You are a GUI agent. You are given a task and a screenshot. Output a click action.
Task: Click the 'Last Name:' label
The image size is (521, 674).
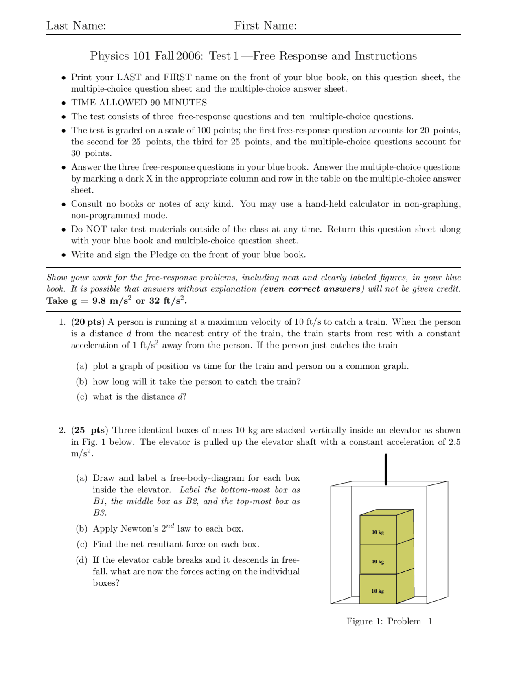click(x=76, y=26)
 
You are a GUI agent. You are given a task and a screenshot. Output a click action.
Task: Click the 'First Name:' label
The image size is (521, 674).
click(x=265, y=26)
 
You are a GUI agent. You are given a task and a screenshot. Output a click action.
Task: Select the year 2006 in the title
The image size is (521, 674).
click(x=190, y=56)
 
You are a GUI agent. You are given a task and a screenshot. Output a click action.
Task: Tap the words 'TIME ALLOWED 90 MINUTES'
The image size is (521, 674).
click(x=139, y=103)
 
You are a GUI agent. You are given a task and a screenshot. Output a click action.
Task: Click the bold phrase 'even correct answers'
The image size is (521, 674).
click(x=312, y=289)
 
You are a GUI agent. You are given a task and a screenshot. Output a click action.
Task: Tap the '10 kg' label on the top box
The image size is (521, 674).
click(x=378, y=532)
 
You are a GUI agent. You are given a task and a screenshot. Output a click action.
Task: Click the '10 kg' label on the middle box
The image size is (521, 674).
click(x=378, y=562)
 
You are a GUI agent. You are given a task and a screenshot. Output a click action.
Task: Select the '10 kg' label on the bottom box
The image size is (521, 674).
click(x=378, y=591)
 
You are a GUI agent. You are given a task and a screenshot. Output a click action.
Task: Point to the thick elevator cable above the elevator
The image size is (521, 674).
click(x=386, y=469)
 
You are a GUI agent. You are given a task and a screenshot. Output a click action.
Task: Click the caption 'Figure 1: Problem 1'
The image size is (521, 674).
click(x=389, y=621)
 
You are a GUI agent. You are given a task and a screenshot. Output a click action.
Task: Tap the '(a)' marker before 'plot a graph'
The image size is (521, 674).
click(x=82, y=366)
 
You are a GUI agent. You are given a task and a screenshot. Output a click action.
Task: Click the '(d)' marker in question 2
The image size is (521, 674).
click(x=82, y=560)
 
